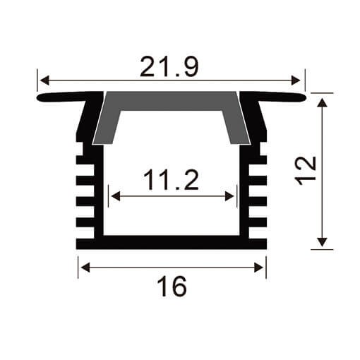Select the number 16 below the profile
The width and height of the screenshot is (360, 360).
click(172, 288)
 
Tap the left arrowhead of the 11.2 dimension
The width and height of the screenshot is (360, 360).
click(113, 196)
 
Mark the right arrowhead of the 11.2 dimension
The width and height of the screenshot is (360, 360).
click(232, 196)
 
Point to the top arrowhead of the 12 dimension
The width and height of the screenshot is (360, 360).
click(323, 102)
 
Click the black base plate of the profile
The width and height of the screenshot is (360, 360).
click(172, 242)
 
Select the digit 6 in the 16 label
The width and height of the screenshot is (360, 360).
click(179, 288)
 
